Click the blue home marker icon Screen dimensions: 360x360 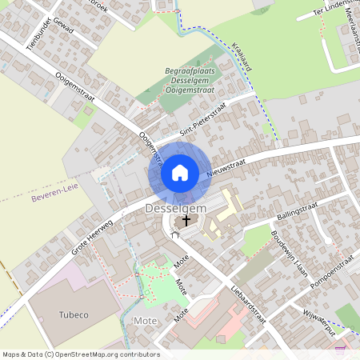coord(180,173)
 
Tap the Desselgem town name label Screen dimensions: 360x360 coord(176,208)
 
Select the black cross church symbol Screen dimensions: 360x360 coord(187,219)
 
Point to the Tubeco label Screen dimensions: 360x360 coord(74,314)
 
